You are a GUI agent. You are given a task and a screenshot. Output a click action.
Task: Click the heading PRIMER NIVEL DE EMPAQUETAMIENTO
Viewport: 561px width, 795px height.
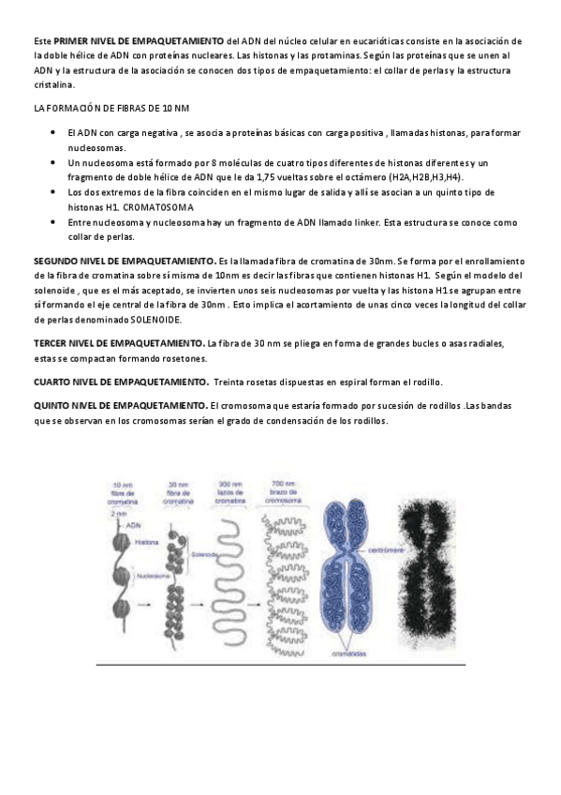140,42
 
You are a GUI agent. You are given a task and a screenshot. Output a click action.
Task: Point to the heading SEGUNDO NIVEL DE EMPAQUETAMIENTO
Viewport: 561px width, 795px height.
124,259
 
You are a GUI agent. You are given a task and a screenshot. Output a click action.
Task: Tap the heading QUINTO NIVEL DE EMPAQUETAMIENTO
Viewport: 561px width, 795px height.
121,405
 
